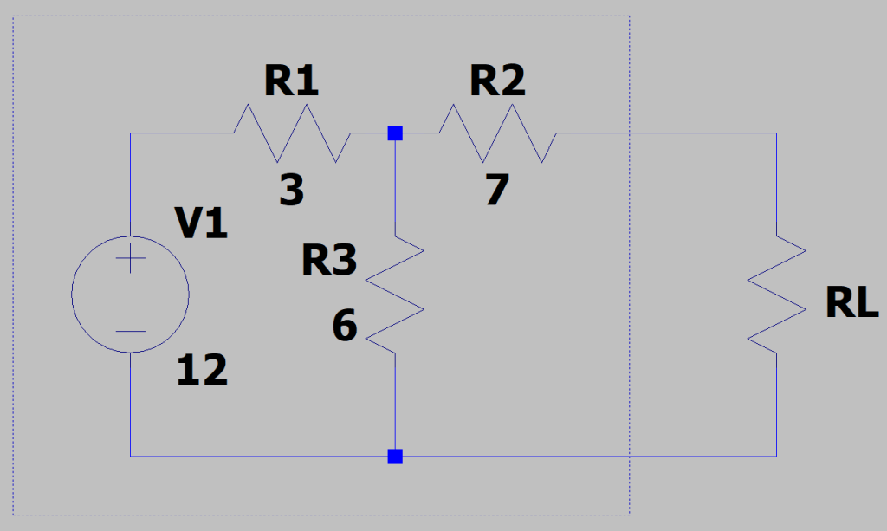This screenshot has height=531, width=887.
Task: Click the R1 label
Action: (292, 82)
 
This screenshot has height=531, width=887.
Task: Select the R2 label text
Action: (497, 82)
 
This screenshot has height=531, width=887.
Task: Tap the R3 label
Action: (329, 260)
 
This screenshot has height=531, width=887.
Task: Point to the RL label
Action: (851, 304)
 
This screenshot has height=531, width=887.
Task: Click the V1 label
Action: (202, 224)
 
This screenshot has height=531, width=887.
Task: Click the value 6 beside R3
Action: (345, 327)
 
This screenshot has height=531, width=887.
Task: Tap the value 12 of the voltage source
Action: (202, 372)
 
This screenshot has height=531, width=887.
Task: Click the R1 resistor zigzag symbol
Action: (292, 133)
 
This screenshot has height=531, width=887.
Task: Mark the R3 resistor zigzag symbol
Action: (395, 295)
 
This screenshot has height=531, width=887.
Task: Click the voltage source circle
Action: (130, 295)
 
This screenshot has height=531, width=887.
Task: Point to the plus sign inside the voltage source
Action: (130, 259)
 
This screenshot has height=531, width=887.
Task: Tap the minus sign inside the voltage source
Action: (130, 331)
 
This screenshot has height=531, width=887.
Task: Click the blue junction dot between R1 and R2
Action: (395, 133)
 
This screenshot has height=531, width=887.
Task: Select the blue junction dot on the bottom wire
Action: (395, 456)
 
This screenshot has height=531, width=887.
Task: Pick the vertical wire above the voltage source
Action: (130, 182)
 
